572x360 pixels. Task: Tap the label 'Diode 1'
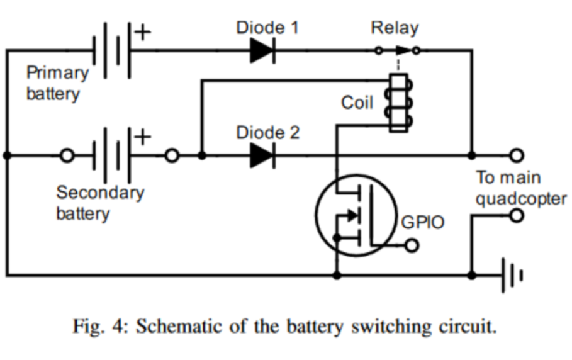pos(267,28)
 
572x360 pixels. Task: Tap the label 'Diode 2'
pos(267,133)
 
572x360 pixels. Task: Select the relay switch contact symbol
pos(398,50)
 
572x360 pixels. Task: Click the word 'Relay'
pos(395,28)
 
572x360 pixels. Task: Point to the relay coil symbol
pos(399,103)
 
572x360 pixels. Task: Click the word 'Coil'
pos(357,103)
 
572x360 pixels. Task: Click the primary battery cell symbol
pos(111,50)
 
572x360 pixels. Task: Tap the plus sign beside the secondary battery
pos(144,136)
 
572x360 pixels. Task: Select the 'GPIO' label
pos(423,222)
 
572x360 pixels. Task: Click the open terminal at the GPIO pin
pos(412,245)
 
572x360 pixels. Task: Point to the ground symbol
pos(512,275)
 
